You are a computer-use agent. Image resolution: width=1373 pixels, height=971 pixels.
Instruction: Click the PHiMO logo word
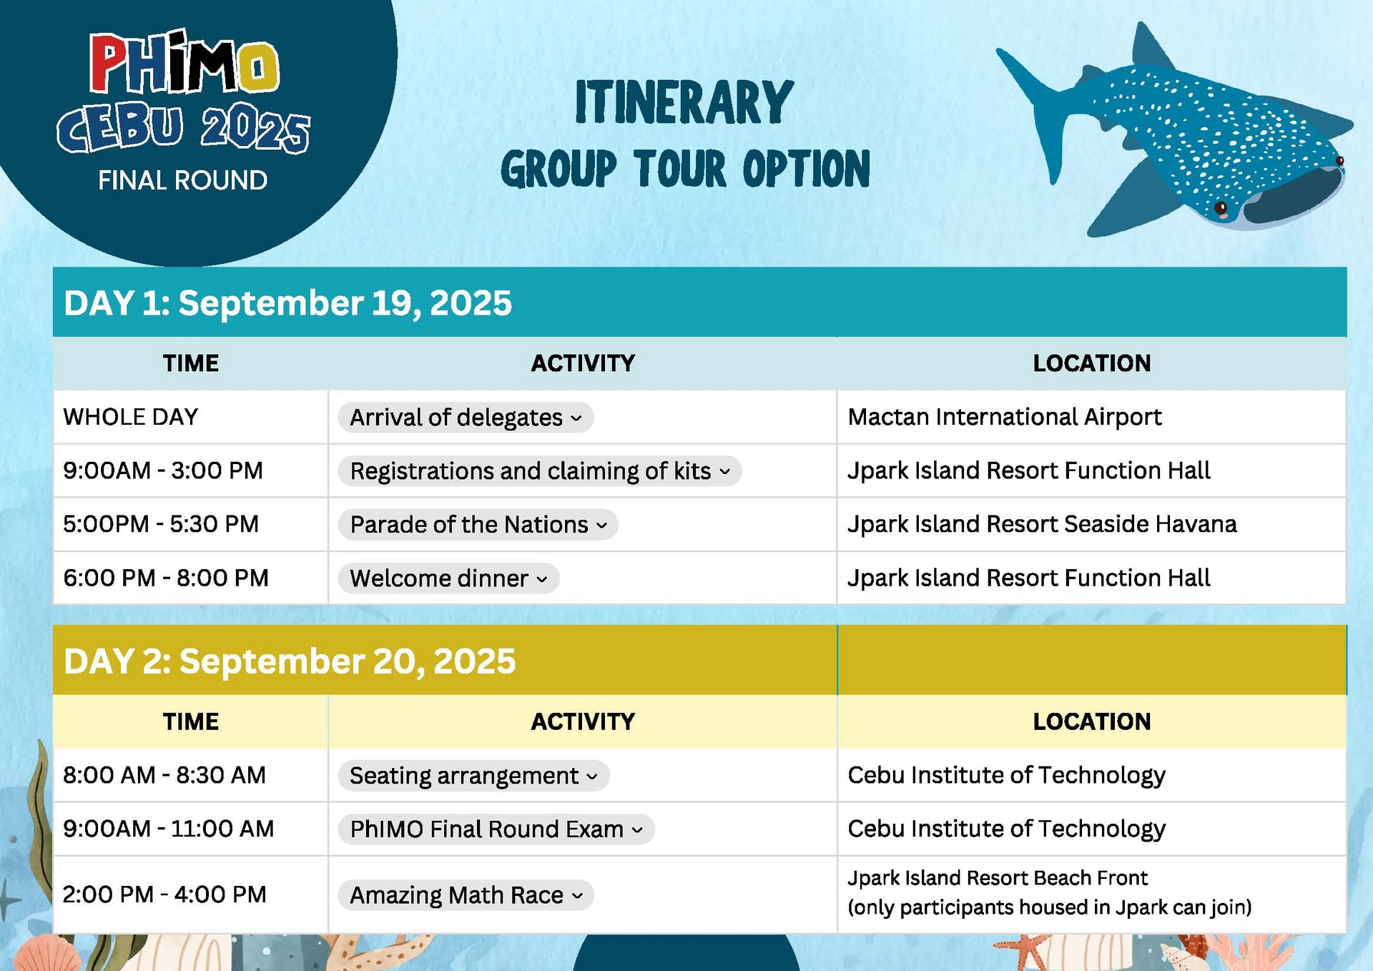click(x=184, y=64)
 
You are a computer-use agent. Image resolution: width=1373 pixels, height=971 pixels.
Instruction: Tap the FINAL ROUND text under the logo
click(x=182, y=180)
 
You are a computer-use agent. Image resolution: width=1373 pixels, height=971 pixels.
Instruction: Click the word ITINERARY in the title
click(x=684, y=103)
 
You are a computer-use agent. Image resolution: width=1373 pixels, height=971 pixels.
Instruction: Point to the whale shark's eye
click(x=1221, y=208)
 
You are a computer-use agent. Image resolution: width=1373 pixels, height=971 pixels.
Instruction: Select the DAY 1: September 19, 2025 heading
click(x=287, y=302)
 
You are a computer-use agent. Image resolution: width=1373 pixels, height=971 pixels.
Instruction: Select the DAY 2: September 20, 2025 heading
click(x=289, y=661)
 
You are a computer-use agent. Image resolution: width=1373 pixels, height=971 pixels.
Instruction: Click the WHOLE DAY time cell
click(x=130, y=417)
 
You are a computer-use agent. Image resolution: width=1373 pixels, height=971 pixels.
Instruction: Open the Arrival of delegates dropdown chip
click(x=466, y=418)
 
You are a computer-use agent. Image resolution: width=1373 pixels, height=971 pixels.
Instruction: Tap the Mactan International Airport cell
click(x=1004, y=417)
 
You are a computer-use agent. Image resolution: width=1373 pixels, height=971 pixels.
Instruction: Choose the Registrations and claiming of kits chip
click(x=539, y=471)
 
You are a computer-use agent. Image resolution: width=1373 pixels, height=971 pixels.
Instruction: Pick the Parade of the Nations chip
click(x=478, y=525)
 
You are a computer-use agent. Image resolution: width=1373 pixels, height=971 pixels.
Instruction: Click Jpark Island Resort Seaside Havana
click(x=1041, y=524)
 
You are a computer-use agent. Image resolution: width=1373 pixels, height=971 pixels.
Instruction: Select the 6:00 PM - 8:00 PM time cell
click(x=165, y=578)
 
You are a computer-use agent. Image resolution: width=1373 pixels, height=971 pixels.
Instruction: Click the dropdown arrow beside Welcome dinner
click(x=542, y=579)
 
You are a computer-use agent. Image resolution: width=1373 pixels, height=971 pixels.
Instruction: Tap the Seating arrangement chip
click(x=473, y=776)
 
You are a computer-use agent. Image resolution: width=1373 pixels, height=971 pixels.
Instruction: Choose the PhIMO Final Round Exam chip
click(x=496, y=829)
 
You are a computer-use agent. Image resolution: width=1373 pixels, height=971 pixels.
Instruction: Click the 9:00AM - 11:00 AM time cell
click(x=168, y=829)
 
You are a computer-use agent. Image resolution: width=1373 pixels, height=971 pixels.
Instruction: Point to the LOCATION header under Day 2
click(x=1091, y=721)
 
